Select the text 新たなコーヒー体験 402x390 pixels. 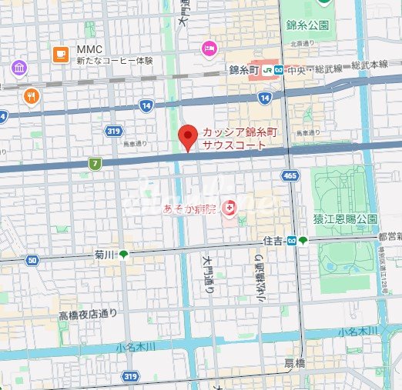(109, 61)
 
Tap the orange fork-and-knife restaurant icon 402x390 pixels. (32, 97)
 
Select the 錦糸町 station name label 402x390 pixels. (245, 70)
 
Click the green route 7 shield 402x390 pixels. (95, 163)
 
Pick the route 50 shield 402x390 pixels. (32, 261)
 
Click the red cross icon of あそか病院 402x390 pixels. (229, 207)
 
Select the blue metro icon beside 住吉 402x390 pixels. (292, 241)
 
